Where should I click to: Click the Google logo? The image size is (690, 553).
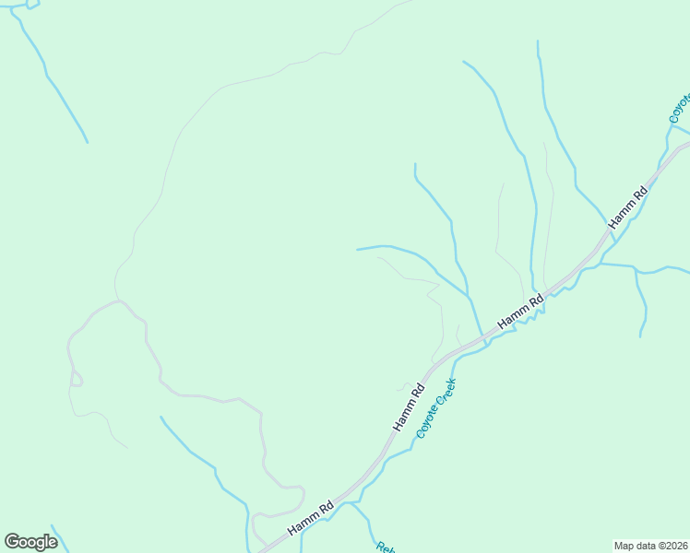[x=31, y=542]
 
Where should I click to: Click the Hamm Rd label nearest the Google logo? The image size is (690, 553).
[x=310, y=518]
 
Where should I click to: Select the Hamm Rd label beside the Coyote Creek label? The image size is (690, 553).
[x=409, y=406]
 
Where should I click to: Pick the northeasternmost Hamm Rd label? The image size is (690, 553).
[x=628, y=207]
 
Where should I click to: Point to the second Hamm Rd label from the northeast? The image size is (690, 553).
[x=520, y=309]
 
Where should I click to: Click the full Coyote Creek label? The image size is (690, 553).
[x=436, y=407]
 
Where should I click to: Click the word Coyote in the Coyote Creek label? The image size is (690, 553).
[x=427, y=423]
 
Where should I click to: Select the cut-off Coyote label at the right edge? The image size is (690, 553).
[x=680, y=108]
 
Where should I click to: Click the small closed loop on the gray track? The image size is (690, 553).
[x=77, y=378]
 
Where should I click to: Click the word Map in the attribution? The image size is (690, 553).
[x=625, y=546]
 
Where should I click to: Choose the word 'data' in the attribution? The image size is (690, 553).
[x=643, y=546]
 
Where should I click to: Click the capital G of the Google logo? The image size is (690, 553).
[x=14, y=542]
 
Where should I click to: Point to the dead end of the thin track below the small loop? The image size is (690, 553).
[x=127, y=447]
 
